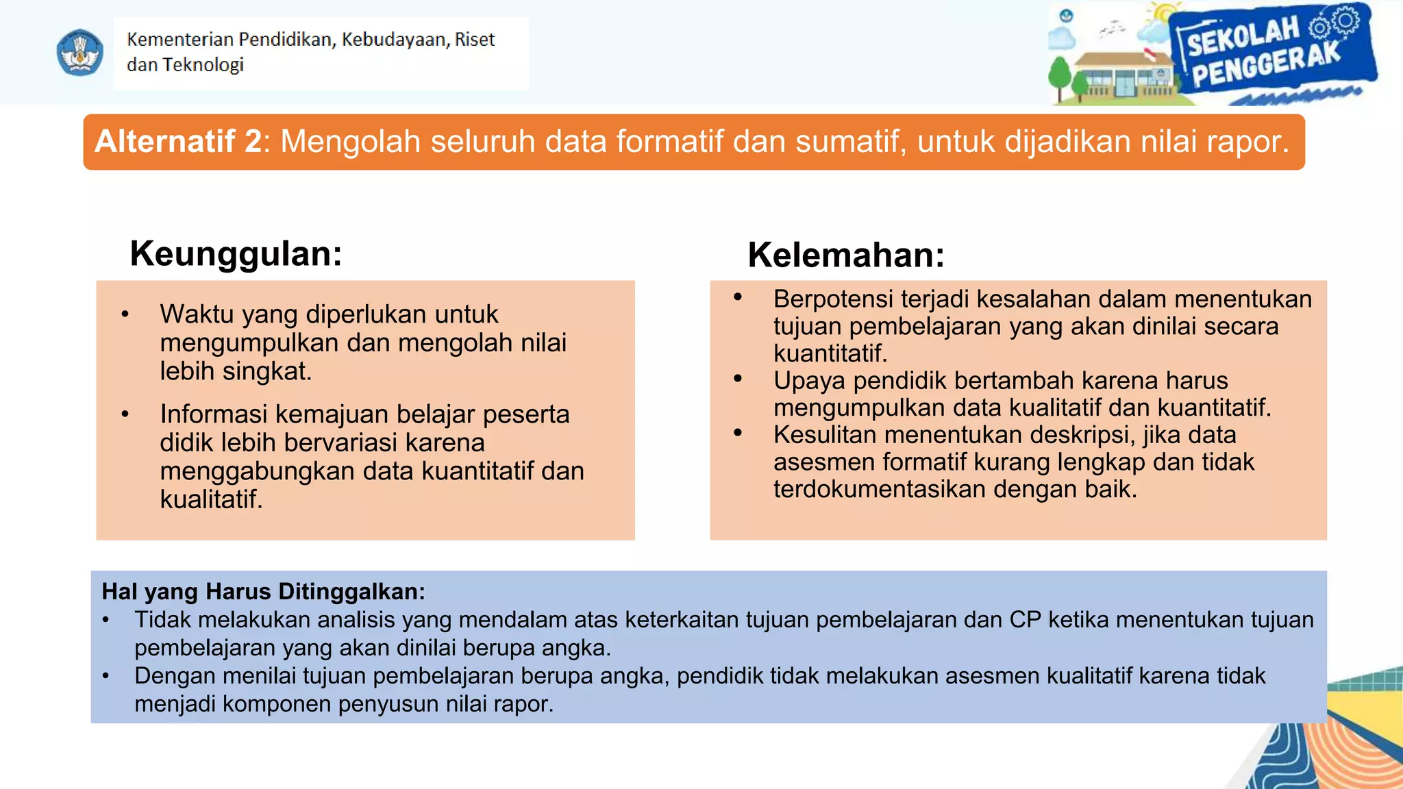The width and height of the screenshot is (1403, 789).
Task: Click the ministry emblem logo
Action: pos(80,52)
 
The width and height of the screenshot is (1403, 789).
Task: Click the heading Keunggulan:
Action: pos(236,253)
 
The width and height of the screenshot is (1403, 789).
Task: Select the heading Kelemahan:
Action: pos(846,255)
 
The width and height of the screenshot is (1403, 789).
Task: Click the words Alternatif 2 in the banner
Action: pos(178,142)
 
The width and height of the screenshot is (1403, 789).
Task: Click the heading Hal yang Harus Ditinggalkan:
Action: pos(264,591)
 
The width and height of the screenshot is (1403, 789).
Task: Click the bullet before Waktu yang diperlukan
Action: pos(125,315)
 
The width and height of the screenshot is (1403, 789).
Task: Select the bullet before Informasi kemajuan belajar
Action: pos(125,414)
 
